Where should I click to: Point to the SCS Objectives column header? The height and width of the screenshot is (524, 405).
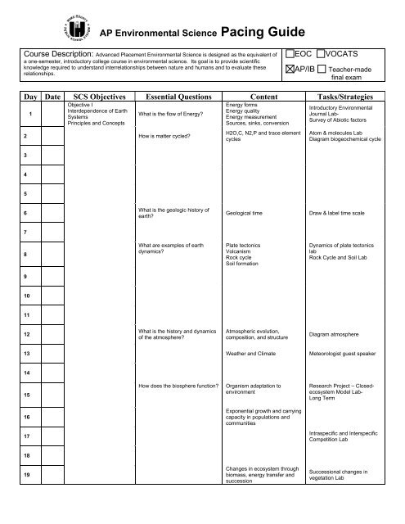[x=97, y=95]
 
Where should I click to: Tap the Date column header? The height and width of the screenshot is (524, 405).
[x=53, y=95]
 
